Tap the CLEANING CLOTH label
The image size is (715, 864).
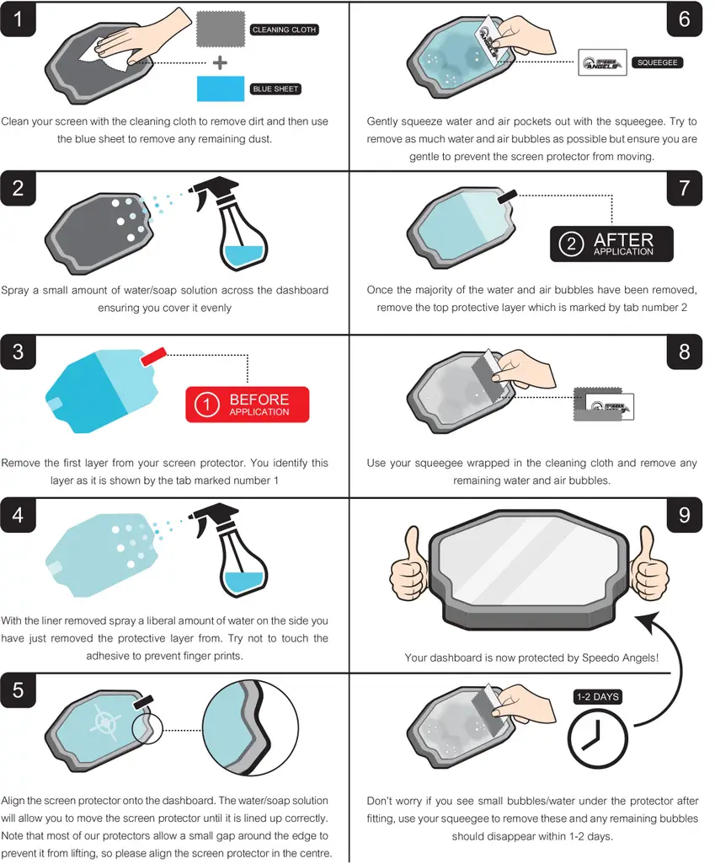pyautogui.click(x=284, y=30)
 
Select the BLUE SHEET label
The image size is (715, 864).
pyautogui.click(x=275, y=89)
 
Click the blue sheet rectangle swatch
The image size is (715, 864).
pyautogui.click(x=220, y=89)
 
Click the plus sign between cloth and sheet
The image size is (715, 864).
pyautogui.click(x=220, y=62)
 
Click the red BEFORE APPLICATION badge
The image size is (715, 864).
pyautogui.click(x=248, y=405)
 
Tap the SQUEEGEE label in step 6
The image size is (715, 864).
pyautogui.click(x=651, y=62)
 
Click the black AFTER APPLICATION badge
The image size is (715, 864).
pyautogui.click(x=612, y=244)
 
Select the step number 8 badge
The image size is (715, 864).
pyautogui.click(x=684, y=352)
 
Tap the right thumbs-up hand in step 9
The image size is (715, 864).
pyautogui.click(x=648, y=562)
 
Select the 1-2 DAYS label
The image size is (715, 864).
pyautogui.click(x=597, y=697)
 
